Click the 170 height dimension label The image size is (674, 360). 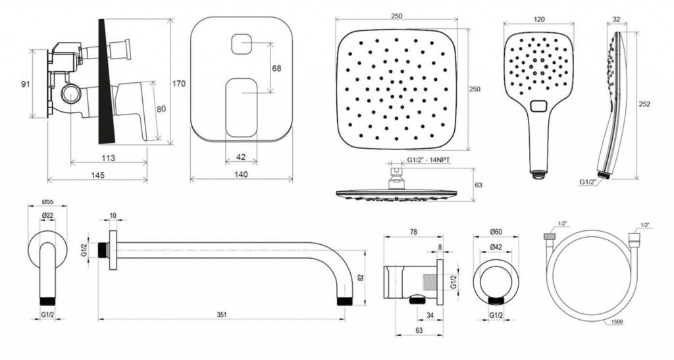(x=179, y=84)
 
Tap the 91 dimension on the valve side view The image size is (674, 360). (x=26, y=84)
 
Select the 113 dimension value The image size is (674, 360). (x=109, y=158)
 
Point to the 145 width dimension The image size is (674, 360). (x=98, y=175)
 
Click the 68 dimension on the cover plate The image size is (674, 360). (x=277, y=68)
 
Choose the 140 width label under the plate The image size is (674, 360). (x=241, y=174)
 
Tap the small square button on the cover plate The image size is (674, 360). (x=241, y=44)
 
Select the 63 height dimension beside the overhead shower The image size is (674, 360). (x=478, y=185)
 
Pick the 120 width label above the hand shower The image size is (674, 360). (x=538, y=19)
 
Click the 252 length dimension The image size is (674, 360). (x=645, y=105)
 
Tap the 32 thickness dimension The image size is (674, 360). (x=616, y=19)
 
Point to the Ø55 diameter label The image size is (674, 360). (x=47, y=201)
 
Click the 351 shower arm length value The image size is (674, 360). (x=221, y=315)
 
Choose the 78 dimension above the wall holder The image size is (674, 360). (x=413, y=232)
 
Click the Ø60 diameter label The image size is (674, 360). (x=496, y=232)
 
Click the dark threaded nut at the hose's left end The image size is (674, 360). (x=548, y=236)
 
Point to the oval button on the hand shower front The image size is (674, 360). (x=538, y=105)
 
